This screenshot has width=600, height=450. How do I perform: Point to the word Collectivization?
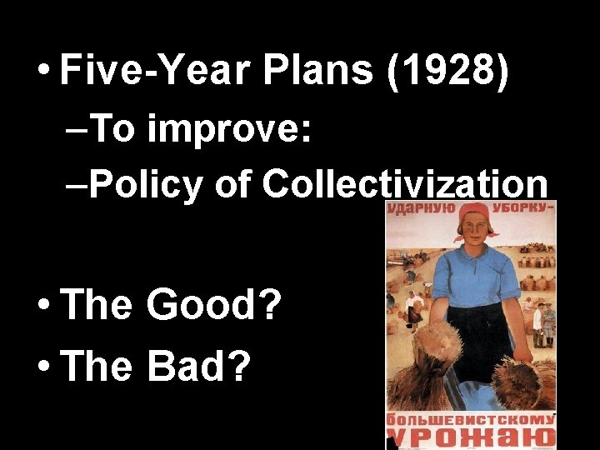(x=405, y=185)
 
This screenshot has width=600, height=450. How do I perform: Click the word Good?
(x=213, y=306)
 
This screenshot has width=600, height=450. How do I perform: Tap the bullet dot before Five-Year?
(x=42, y=73)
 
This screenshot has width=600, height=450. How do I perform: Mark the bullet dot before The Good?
(x=42, y=307)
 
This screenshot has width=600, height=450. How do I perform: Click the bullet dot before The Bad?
(x=42, y=367)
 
